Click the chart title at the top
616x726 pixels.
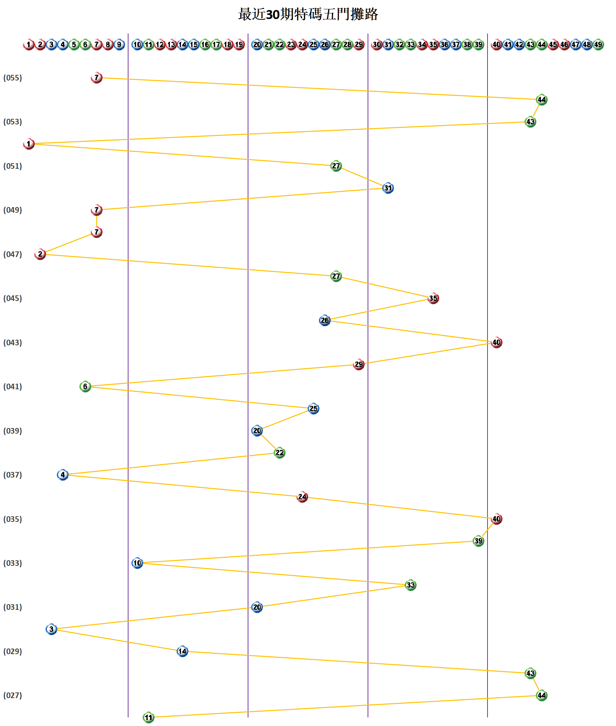[308, 15]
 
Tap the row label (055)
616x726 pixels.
[13, 78]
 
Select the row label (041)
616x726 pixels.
[13, 387]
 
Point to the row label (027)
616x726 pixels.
[13, 695]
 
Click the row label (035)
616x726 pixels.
[13, 519]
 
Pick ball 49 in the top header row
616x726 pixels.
[598, 45]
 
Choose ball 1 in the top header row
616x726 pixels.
[29, 45]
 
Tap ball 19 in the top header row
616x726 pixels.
[239, 45]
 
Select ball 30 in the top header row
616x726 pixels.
[377, 45]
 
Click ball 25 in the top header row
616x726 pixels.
[314, 45]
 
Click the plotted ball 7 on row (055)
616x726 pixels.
[96, 77]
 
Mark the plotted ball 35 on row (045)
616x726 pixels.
[433, 298]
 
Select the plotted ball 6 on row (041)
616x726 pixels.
[85, 387]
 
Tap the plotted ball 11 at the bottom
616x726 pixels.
[149, 717]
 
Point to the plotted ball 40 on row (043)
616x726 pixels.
[496, 342]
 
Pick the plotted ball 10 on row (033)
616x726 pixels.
[137, 563]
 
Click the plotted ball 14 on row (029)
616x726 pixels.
[182, 651]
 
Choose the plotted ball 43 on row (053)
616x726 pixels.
[530, 122]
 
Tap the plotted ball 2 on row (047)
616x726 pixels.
[40, 254]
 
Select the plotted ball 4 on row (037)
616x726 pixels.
[63, 475]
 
